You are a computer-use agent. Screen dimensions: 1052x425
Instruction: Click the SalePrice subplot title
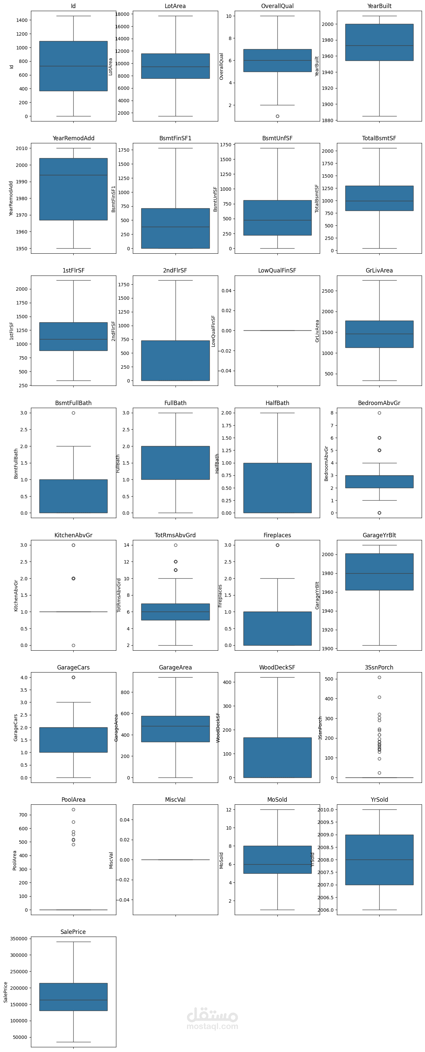click(x=73, y=932)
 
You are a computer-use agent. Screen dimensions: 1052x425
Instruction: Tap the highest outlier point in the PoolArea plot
click(x=74, y=809)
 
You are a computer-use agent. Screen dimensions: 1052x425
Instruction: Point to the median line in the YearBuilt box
click(x=379, y=45)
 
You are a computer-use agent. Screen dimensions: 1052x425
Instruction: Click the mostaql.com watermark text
click(x=212, y=1026)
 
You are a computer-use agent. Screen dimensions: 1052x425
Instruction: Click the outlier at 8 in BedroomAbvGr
click(x=379, y=413)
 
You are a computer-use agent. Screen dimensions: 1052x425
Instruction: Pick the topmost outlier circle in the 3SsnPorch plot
click(x=379, y=678)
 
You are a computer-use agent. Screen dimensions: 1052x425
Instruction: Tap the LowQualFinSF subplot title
click(x=277, y=271)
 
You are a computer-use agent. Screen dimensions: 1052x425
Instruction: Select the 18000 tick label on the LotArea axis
click(x=122, y=14)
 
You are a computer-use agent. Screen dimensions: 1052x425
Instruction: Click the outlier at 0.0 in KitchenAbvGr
click(x=74, y=645)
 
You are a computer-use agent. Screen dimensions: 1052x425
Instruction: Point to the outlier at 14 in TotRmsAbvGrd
click(x=176, y=545)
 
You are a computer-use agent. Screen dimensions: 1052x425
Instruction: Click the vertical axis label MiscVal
click(x=111, y=860)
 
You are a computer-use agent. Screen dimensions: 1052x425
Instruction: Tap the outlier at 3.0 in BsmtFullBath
click(x=74, y=413)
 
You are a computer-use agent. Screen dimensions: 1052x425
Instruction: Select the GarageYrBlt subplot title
click(x=379, y=535)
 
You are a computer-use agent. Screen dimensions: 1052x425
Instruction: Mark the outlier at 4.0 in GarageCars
click(x=74, y=678)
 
